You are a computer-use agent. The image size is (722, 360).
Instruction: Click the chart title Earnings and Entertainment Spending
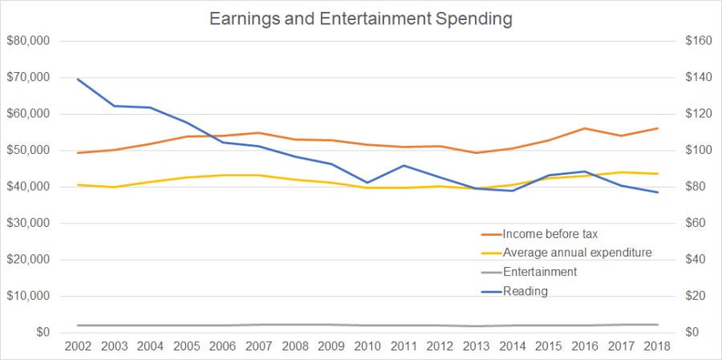(x=360, y=18)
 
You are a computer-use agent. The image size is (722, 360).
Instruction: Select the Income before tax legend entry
(x=550, y=234)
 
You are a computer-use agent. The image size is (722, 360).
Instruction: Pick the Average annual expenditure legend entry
(x=577, y=253)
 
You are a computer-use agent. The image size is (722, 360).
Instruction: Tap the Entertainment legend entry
(x=539, y=272)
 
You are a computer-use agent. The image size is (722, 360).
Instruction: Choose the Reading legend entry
(x=525, y=291)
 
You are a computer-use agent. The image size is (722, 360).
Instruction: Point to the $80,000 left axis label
(x=28, y=41)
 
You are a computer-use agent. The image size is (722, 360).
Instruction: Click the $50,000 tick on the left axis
(x=28, y=151)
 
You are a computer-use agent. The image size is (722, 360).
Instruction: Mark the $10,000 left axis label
(x=28, y=296)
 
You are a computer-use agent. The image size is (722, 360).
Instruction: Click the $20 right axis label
(x=695, y=296)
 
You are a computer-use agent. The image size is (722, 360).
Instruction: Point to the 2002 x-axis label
(x=78, y=346)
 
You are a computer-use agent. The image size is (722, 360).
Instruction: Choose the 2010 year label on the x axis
(x=368, y=346)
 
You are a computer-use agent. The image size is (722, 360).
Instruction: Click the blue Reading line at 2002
(x=78, y=79)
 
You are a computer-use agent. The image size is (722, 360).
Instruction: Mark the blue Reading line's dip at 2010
(x=368, y=183)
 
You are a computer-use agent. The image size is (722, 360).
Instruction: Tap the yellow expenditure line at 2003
(x=114, y=187)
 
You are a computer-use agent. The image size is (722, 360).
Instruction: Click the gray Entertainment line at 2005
(x=187, y=326)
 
